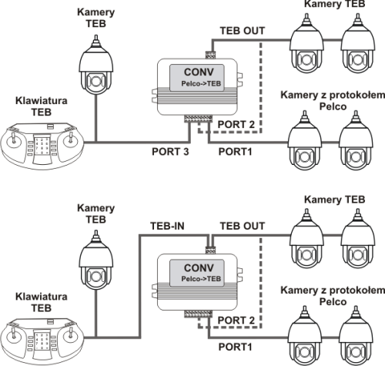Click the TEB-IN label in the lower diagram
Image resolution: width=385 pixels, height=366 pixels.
[167, 226]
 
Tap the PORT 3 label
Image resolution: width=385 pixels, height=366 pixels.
[170, 152]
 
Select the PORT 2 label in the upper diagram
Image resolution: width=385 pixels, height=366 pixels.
[236, 125]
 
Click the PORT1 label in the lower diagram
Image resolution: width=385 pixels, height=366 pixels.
[235, 347]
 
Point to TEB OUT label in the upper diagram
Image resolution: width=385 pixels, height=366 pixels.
[243, 31]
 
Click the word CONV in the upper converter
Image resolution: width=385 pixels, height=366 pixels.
[199, 72]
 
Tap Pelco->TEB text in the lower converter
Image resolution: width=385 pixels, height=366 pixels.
[201, 279]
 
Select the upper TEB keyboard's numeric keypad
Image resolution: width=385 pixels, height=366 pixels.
[42, 146]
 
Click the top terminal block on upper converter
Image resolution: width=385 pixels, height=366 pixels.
[210, 55]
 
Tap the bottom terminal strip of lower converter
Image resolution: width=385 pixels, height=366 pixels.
[198, 314]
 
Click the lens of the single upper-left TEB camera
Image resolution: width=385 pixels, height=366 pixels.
[95, 82]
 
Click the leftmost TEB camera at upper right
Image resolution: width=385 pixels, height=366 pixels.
[306, 43]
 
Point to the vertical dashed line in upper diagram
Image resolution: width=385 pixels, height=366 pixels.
[261, 86]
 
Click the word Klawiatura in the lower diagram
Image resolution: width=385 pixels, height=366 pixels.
[42, 297]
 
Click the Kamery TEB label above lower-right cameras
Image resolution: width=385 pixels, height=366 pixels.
[334, 200]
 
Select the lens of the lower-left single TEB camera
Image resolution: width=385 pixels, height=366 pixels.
[95, 277]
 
